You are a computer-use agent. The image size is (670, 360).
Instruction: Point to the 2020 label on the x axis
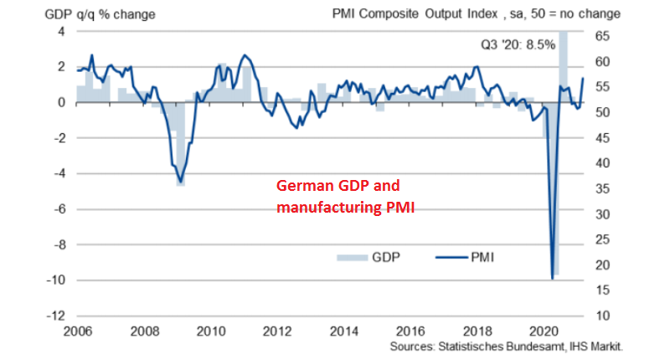(x=544, y=332)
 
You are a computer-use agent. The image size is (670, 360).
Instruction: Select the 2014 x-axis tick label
(x=343, y=332)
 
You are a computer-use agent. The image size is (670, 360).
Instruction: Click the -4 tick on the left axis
(x=57, y=174)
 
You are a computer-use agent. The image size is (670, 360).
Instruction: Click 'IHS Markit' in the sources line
(x=595, y=346)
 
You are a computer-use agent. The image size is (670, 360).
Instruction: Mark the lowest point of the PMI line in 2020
(x=552, y=277)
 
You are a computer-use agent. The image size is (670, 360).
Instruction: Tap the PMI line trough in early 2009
(x=180, y=182)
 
